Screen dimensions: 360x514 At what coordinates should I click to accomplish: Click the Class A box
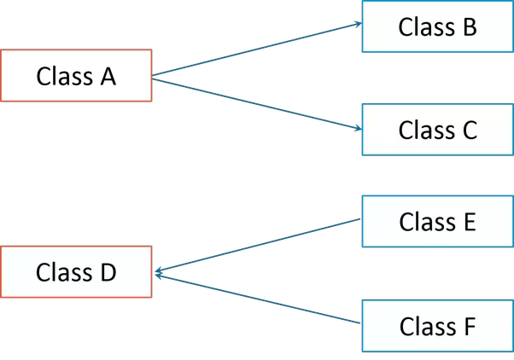77,77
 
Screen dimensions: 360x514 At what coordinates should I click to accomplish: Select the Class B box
437,26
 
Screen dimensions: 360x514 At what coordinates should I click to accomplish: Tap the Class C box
437,130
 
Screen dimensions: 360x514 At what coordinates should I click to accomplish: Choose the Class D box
77,273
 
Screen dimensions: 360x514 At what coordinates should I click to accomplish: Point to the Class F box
437,326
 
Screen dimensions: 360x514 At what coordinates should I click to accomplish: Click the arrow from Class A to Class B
256,51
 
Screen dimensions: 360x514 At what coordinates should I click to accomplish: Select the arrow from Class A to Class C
256,103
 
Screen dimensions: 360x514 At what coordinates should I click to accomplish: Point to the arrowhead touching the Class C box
356,129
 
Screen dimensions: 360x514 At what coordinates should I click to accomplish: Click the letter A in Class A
107,77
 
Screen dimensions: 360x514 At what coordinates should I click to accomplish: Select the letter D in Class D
107,273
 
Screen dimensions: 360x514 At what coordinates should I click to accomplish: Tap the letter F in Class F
468,326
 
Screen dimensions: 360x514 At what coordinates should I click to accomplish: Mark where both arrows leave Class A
155,78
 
